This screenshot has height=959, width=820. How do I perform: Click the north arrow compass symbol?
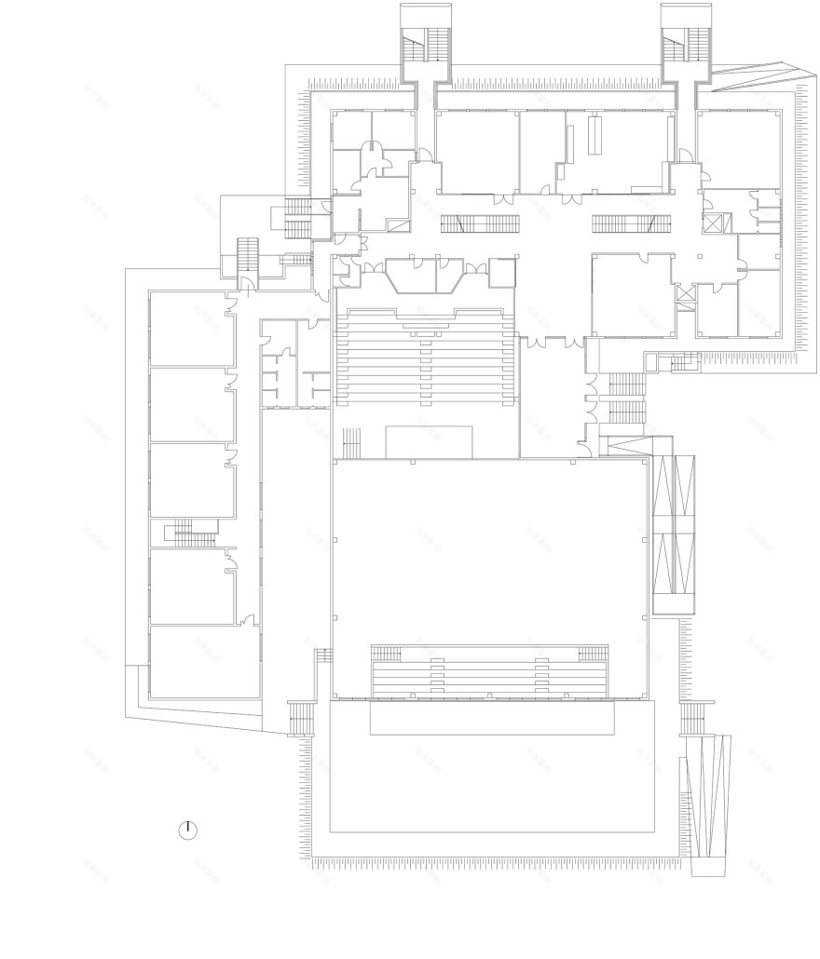(188, 831)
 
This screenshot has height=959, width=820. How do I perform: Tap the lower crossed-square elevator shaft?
(686, 293)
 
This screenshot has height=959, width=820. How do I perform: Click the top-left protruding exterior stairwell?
(425, 42)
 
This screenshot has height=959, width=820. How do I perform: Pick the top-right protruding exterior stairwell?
(687, 42)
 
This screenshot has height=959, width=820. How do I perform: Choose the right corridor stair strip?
(631, 223)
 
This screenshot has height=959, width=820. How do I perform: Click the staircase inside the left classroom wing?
(190, 534)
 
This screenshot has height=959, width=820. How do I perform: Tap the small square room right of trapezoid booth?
(501, 272)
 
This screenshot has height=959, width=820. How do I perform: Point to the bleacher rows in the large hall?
(488, 673)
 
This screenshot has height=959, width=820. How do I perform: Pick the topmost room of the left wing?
(191, 329)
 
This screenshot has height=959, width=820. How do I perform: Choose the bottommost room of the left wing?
(205, 661)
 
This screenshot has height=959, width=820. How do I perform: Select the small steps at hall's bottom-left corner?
(303, 718)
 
